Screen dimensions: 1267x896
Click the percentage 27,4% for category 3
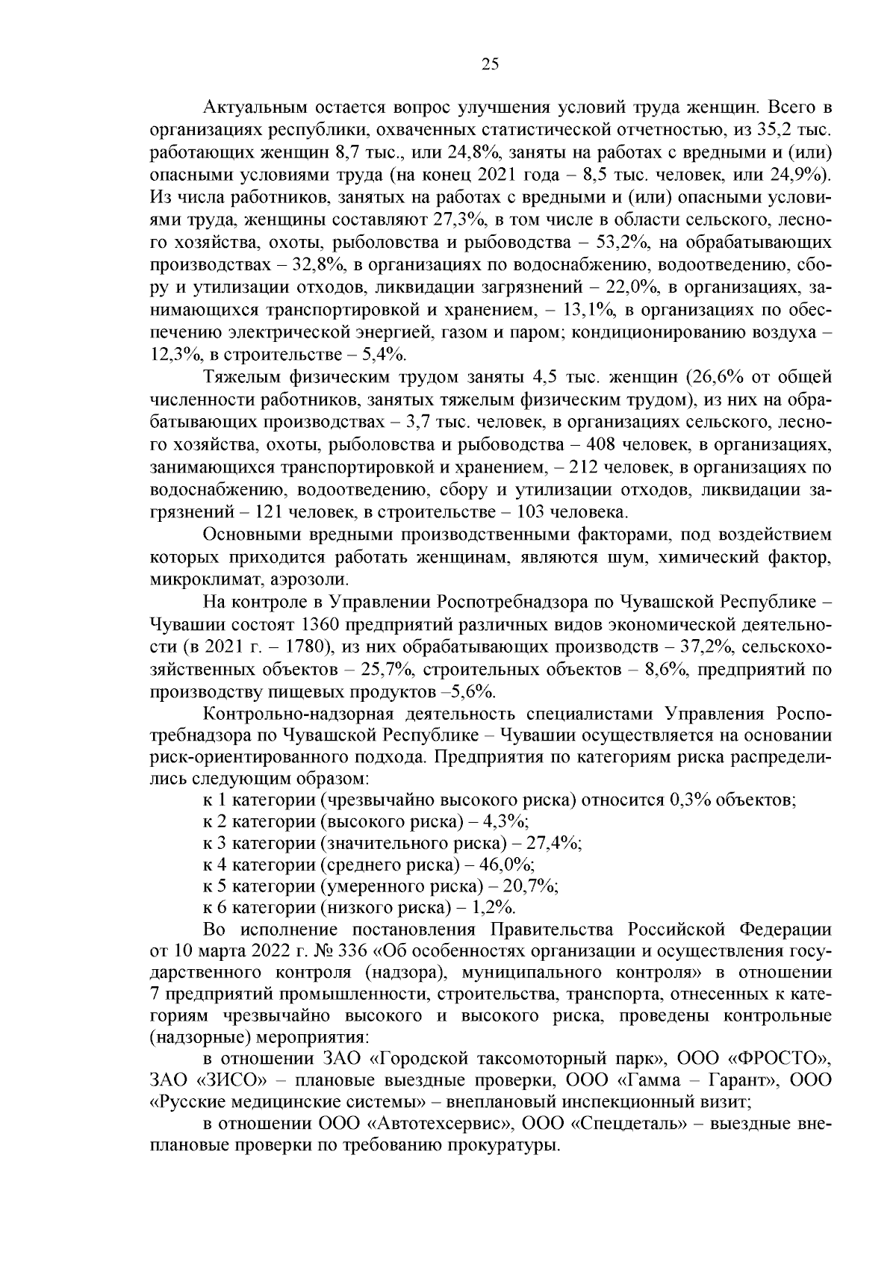coord(553,843)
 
